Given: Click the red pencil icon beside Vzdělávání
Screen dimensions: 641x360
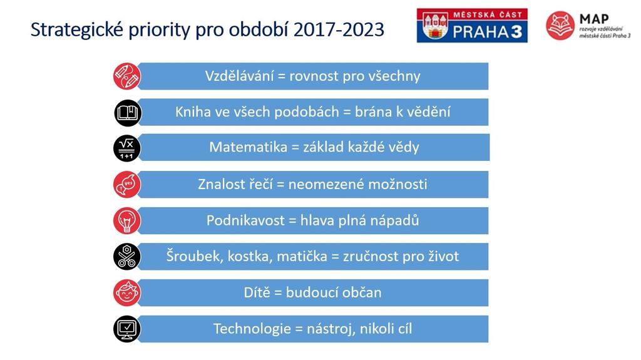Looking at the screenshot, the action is point(126,76).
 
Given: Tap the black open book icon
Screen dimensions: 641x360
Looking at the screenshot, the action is point(127,113).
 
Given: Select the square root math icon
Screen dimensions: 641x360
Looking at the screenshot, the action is point(126,148).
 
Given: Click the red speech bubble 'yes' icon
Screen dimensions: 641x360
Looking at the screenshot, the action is point(126,185).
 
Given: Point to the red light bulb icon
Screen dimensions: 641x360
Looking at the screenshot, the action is point(126,220).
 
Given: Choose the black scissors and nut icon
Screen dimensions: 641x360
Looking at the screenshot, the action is point(126,257).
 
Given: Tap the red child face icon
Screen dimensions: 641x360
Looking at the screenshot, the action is point(126,292).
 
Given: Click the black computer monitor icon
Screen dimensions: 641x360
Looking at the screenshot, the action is point(126,329).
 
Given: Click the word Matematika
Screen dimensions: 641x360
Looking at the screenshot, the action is point(248,147).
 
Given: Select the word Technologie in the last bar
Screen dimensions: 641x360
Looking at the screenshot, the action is point(252,329).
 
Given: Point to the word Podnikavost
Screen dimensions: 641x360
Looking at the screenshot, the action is point(245,220).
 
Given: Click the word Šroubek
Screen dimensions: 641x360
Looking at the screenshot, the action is point(195,257).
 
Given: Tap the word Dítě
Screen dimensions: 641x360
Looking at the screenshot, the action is point(257,292).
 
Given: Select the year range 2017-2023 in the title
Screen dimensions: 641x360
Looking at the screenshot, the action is point(339,30).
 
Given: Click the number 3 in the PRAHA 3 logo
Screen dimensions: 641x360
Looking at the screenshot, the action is point(516,31).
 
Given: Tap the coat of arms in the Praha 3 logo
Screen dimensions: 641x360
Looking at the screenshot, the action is point(436,26).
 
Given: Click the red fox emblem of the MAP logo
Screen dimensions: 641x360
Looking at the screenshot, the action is point(560,26).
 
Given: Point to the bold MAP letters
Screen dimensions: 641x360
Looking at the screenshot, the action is point(594,19).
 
